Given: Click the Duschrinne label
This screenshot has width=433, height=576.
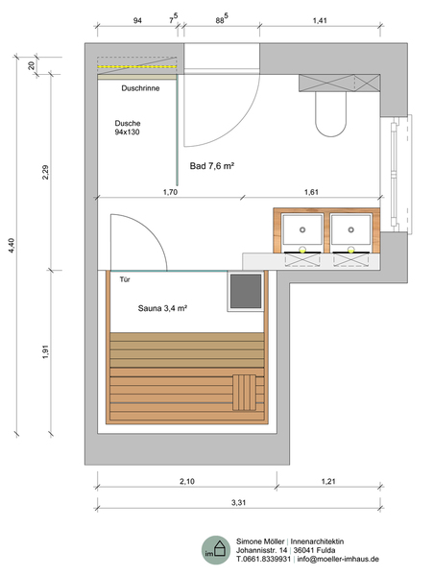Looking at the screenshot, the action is (140, 88).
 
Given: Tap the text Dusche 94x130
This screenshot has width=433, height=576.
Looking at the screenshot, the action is (128, 128).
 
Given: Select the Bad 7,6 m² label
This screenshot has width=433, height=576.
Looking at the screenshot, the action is (212, 166).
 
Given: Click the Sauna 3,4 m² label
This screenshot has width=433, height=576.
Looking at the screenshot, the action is (162, 308).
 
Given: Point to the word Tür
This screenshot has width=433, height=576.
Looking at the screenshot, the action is (125, 279).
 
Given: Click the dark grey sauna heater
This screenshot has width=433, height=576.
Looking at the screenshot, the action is (246, 292).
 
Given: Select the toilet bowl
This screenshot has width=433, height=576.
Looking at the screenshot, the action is (330, 114).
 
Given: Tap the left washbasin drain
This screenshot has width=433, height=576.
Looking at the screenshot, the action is (302, 229).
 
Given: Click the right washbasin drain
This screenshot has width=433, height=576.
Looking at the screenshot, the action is (350, 229).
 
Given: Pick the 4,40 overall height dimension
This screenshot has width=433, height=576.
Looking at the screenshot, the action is (12, 246).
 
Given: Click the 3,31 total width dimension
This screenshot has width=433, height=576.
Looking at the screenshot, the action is (238, 502).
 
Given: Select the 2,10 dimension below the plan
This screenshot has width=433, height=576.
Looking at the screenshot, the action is (187, 481).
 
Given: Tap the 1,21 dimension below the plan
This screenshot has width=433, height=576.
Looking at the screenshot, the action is (328, 481).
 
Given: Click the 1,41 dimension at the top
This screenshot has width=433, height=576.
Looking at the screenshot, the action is (320, 20).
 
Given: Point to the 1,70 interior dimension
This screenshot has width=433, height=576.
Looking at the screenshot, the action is (170, 192).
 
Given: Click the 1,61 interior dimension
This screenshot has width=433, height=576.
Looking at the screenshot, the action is (311, 192).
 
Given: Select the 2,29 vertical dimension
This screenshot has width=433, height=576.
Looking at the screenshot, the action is (45, 172).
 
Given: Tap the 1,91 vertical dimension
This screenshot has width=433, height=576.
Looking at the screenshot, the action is (45, 351).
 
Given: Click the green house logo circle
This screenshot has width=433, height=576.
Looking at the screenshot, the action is (216, 550).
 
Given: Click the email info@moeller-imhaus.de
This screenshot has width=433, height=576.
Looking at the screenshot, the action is (338, 559).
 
